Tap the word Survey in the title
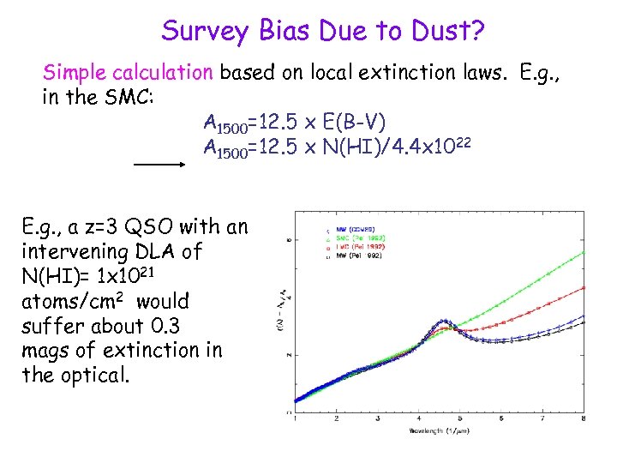point(204,32)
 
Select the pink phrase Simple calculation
point(128,72)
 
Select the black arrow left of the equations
point(161,162)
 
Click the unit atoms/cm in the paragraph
point(73,302)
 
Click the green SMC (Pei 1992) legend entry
point(359,238)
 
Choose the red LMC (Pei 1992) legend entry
point(359,246)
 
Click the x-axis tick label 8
point(584,418)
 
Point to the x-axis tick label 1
point(295,418)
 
